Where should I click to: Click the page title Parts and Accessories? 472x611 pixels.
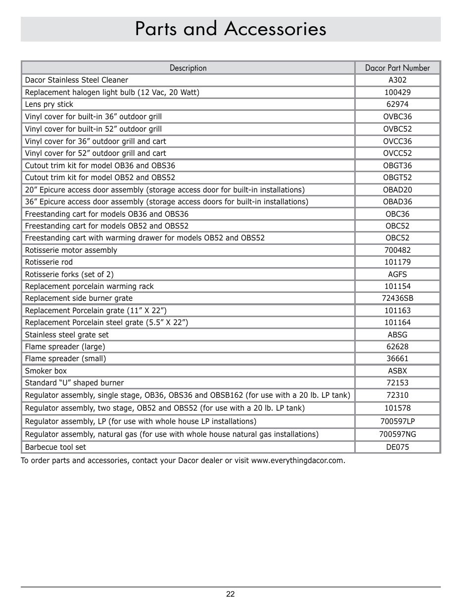(231, 29)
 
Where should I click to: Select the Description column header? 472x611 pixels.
(188, 68)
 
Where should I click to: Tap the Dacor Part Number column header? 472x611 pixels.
(397, 68)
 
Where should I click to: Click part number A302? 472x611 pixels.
(397, 80)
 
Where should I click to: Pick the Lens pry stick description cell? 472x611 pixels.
(49, 104)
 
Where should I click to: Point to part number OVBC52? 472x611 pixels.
(397, 129)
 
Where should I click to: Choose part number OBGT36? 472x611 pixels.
(397, 166)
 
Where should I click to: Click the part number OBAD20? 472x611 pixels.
(397, 189)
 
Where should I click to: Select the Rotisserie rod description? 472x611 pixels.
(48, 262)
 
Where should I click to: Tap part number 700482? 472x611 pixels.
(397, 250)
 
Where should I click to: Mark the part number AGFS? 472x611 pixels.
(397, 274)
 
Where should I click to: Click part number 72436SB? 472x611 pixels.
(397, 298)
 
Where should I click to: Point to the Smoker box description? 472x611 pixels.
(46, 371)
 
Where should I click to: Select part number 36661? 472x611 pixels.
(397, 359)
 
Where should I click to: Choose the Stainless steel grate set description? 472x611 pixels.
(67, 335)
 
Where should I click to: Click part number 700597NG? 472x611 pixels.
(397, 434)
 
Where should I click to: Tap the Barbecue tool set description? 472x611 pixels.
(55, 447)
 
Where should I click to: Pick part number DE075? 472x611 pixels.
(397, 447)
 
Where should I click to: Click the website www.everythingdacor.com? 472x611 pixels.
(297, 461)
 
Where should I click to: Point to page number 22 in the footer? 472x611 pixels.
(231, 594)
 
